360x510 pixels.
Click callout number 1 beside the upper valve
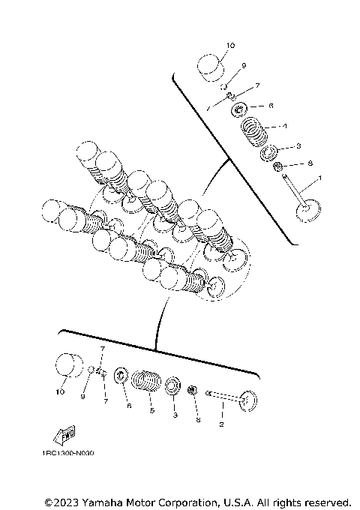point(320,178)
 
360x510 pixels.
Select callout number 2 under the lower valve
point(220,424)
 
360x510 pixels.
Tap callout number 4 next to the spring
point(284,125)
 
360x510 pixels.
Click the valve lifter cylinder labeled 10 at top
point(212,67)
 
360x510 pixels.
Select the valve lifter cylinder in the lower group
point(70,367)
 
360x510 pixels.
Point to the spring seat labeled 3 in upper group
point(267,154)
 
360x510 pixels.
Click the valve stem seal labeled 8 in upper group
point(277,166)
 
